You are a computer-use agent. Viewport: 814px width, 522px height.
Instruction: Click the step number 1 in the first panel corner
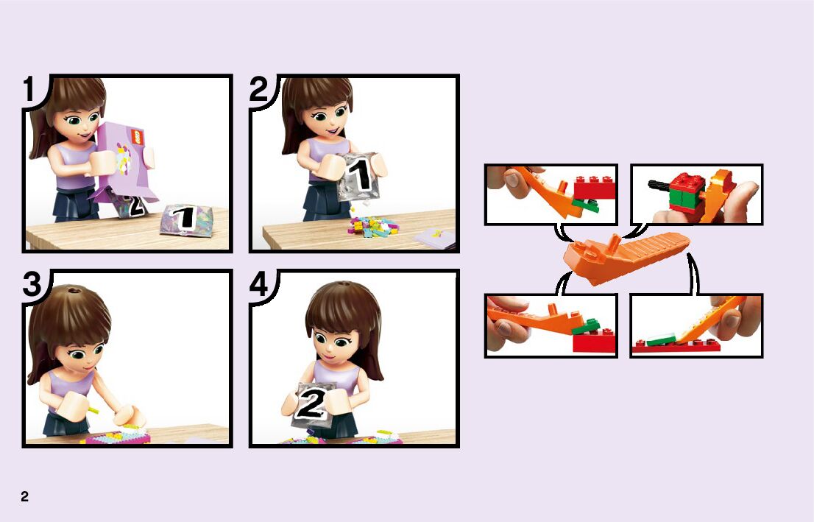29,88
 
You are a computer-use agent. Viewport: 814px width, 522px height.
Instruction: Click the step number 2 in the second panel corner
258,88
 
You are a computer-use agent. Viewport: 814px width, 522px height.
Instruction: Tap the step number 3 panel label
32,284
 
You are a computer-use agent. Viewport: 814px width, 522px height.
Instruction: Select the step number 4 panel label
258,284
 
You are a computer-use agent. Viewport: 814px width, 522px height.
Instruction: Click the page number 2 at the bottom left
24,496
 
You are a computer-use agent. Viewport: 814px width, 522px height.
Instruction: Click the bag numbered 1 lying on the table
186,219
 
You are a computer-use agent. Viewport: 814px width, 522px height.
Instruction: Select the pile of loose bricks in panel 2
372,228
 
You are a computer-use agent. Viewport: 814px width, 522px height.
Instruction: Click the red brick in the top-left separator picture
595,187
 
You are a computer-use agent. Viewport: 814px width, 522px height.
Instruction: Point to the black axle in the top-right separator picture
659,183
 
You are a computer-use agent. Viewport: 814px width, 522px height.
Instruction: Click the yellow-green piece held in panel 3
93,410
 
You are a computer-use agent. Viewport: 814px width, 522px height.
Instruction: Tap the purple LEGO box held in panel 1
126,161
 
